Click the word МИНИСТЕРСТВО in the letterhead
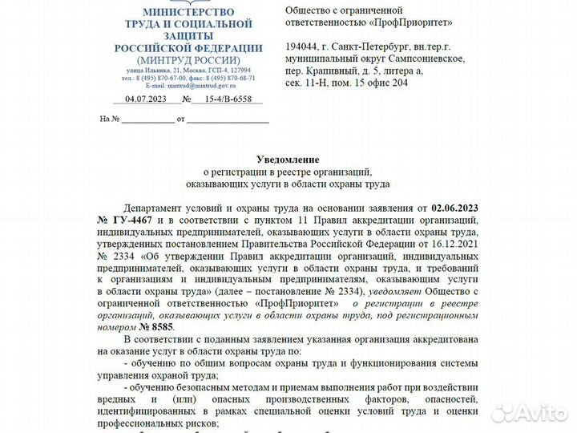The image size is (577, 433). (188, 12)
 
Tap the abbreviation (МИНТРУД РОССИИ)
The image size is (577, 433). (188, 60)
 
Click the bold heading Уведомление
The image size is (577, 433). (288, 160)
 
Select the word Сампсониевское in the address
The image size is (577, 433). (425, 59)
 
